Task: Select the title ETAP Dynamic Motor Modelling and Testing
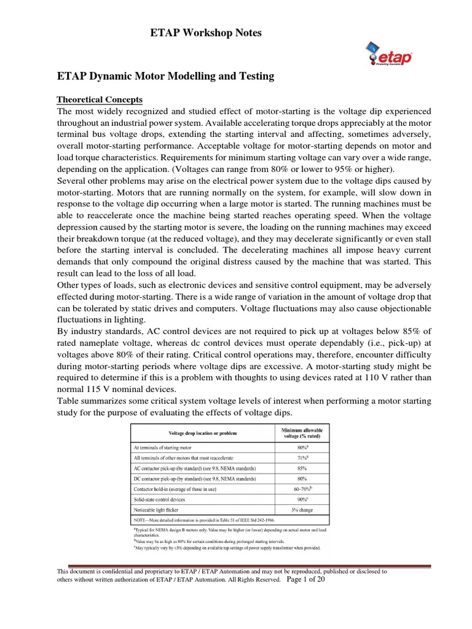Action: [x=165, y=77]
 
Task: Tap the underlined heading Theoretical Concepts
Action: [x=100, y=100]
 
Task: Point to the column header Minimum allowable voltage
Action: [x=301, y=434]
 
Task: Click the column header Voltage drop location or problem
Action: [x=200, y=434]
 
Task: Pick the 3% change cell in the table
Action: [x=301, y=510]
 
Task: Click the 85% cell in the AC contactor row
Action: [x=301, y=467]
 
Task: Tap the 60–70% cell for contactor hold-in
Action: [x=301, y=488]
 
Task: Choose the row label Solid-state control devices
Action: [x=163, y=499]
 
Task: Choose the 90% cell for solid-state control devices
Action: [x=301, y=499]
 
